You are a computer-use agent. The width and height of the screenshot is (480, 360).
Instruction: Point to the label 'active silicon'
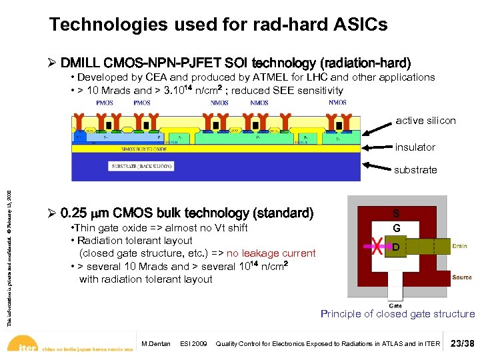tap(425, 121)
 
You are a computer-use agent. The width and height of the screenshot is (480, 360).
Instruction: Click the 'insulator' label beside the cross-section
tap(415, 147)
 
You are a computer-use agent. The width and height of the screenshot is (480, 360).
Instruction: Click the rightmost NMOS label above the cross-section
tap(337, 103)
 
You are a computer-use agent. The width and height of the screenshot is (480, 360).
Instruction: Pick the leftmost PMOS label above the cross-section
tap(105, 103)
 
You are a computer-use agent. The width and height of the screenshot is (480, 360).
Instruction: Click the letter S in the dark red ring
tap(396, 214)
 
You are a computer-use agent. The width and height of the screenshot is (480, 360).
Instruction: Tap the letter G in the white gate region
tap(396, 228)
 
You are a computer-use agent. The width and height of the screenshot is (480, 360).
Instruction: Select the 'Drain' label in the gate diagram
tap(460, 246)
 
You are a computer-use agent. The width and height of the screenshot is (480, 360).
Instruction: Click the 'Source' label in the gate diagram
tap(461, 277)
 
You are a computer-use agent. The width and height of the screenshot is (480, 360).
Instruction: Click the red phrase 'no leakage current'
tap(271, 253)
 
